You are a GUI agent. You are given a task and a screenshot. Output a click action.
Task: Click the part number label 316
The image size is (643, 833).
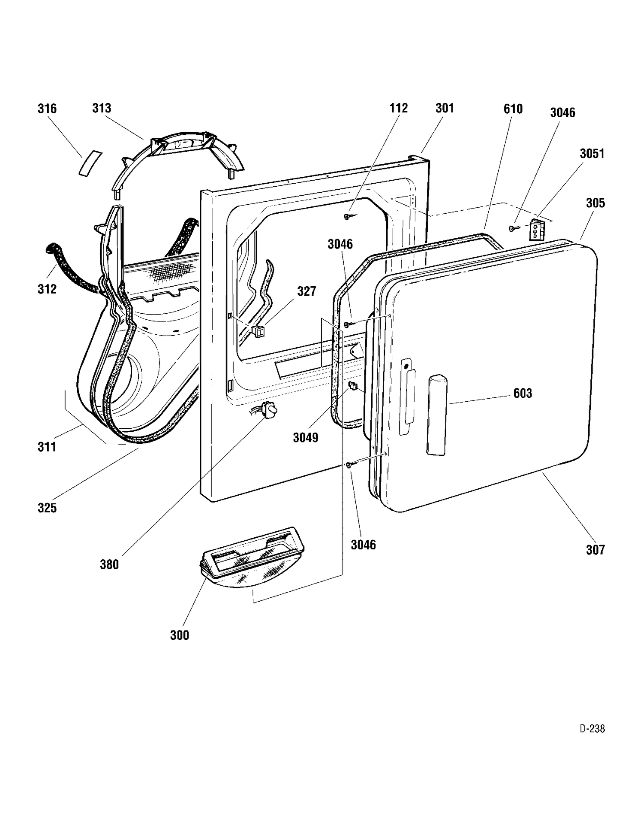[x=47, y=109]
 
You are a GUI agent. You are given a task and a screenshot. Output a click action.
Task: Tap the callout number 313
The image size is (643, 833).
[x=102, y=108]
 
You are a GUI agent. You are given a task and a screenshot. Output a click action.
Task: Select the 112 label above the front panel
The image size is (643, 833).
[x=398, y=108]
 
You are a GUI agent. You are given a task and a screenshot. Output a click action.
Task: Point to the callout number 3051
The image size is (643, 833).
[x=592, y=154]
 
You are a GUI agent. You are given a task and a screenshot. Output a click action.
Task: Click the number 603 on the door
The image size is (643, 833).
[x=523, y=393]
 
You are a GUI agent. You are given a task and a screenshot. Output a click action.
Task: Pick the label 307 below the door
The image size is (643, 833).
[x=595, y=550]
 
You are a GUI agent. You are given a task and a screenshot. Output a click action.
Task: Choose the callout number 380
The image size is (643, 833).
[x=109, y=564]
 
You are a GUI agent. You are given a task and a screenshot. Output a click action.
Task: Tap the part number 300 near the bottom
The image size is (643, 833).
[x=180, y=635]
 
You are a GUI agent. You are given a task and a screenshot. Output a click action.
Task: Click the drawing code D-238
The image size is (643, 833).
[x=592, y=729]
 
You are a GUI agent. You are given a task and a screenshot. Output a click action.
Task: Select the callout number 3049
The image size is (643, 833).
[x=306, y=438]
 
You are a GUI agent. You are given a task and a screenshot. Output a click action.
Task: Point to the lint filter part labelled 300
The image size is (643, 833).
[x=253, y=557]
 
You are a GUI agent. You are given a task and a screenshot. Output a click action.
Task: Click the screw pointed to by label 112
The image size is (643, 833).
[x=347, y=217]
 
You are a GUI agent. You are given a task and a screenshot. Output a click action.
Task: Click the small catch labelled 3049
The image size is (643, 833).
[x=353, y=386]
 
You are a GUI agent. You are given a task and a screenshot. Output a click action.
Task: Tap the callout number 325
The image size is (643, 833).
[x=47, y=508]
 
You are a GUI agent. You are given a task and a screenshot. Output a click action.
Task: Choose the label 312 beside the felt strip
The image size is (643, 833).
[x=47, y=289]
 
